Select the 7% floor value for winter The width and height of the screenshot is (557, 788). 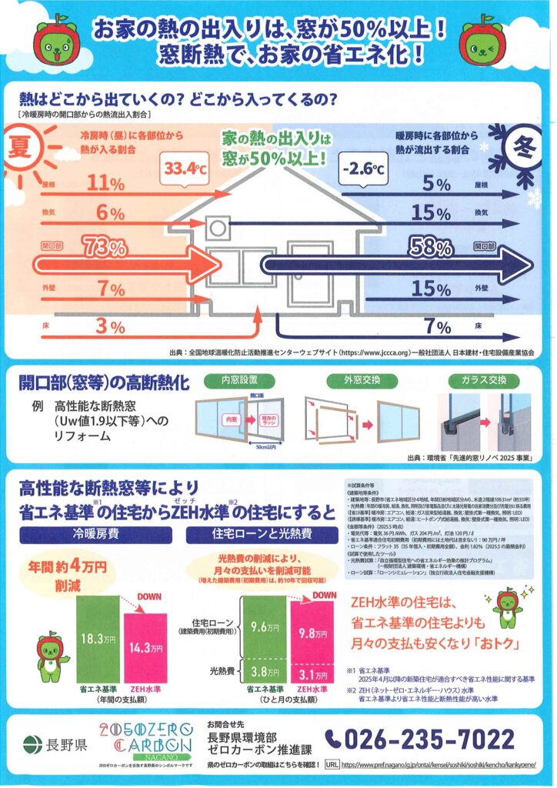[437, 326]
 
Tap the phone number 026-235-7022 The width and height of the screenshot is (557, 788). [419, 740]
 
